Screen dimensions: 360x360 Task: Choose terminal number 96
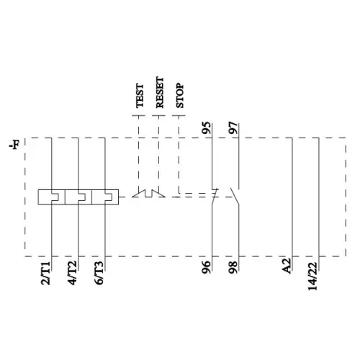[x=207, y=268]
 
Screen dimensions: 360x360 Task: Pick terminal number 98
[x=233, y=268]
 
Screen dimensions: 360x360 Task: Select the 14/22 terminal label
[x=312, y=275]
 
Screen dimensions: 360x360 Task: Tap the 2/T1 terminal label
[x=45, y=274]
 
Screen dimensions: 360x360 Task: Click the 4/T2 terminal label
[x=73, y=274]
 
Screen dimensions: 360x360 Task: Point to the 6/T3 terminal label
[x=100, y=274]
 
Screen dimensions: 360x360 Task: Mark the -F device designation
[x=14, y=146]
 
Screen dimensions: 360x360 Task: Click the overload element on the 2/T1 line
[x=51, y=196]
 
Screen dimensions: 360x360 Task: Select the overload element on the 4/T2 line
[x=78, y=196]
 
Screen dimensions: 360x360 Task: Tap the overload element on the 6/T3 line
[x=106, y=196]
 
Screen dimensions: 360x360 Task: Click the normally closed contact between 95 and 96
[x=214, y=194]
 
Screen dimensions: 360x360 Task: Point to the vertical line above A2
[x=292, y=194]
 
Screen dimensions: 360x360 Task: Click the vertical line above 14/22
[x=319, y=194]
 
